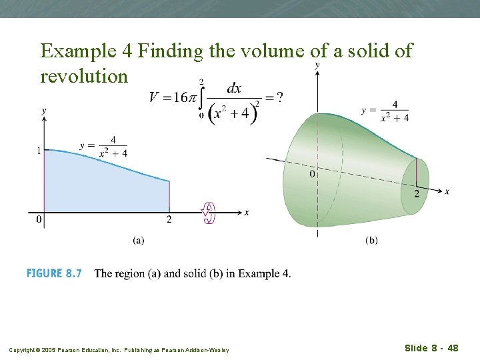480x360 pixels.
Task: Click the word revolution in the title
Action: coord(84,76)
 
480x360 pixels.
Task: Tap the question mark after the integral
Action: coord(279,97)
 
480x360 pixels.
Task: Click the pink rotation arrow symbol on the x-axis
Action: coord(209,213)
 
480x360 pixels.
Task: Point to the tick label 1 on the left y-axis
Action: coord(39,151)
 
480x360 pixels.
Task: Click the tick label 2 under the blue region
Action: coord(169,219)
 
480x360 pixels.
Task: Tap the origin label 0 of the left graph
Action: coord(39,219)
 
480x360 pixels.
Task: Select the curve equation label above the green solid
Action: coord(386,111)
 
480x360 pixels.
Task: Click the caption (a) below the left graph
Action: coord(139,241)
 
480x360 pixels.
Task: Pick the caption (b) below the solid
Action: coord(371,241)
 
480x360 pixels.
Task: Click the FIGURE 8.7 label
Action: coord(54,273)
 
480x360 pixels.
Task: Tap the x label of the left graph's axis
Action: coord(247,213)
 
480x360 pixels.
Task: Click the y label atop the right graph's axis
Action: coord(316,65)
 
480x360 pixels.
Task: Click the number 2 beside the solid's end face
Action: coord(417,193)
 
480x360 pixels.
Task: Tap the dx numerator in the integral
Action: coord(234,88)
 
